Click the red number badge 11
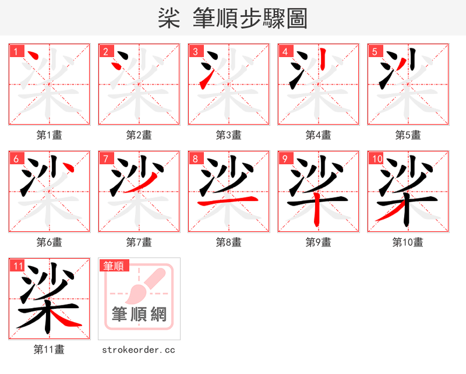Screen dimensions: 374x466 (x=17, y=266)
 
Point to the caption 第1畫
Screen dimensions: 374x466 (x=50, y=135)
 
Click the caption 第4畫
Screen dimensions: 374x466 (x=319, y=135)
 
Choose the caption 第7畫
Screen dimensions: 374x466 (x=139, y=242)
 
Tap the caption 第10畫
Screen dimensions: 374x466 (x=408, y=242)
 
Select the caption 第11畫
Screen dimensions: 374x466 (x=50, y=350)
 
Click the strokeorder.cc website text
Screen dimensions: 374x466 (x=139, y=350)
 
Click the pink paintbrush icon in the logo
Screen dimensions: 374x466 (x=142, y=286)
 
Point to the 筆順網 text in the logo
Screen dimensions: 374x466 (x=139, y=315)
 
